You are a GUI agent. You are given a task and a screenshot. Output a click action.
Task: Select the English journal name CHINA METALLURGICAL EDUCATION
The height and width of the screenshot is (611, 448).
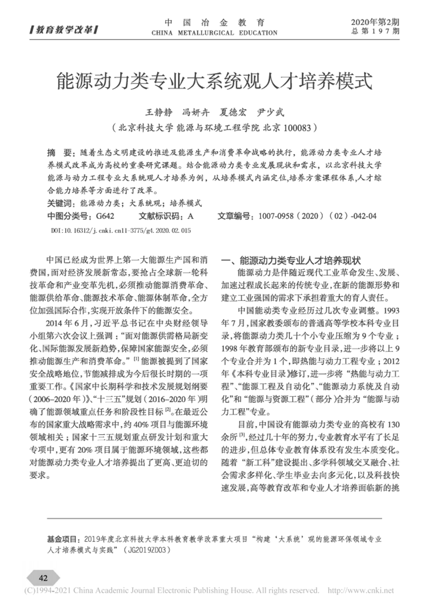tap(214, 33)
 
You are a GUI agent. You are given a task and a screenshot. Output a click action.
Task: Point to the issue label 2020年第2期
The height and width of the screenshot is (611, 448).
tap(375, 22)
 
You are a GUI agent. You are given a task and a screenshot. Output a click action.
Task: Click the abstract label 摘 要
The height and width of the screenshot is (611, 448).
tap(59, 153)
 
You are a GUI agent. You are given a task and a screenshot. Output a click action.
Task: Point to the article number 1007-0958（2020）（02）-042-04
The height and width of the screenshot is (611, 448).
tap(317, 216)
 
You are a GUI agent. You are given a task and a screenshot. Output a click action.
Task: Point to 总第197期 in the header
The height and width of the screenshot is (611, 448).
tap(375, 32)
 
